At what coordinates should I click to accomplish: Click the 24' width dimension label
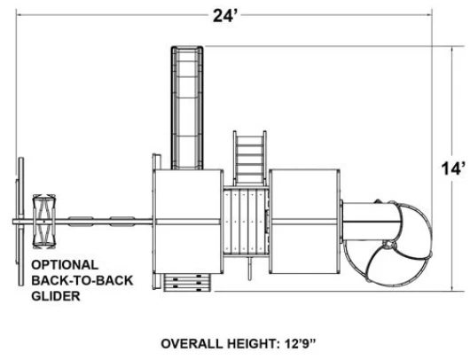coord(225,15)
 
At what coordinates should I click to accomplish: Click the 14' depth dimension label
coord(453,168)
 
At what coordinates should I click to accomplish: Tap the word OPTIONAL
coord(65,265)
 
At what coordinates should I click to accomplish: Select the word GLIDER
coord(56,296)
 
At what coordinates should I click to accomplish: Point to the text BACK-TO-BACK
coord(82,280)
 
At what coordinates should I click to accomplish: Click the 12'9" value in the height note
coord(300,343)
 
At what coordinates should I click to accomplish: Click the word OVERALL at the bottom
coord(192,343)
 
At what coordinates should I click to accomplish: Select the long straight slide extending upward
coord(187,107)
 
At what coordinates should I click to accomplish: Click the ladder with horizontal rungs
coord(250,158)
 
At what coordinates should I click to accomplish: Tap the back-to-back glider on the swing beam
coord(44,222)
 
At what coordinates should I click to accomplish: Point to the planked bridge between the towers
coord(246,222)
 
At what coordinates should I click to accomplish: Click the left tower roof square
coord(188,222)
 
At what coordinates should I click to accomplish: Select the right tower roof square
coord(304,222)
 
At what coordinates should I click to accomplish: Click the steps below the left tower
coord(187,283)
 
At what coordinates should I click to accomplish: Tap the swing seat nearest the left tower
coord(122,221)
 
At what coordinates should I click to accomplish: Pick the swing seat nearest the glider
coord(81,221)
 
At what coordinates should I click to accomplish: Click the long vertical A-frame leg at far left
coord(21,222)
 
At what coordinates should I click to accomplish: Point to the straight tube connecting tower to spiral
coord(371,222)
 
